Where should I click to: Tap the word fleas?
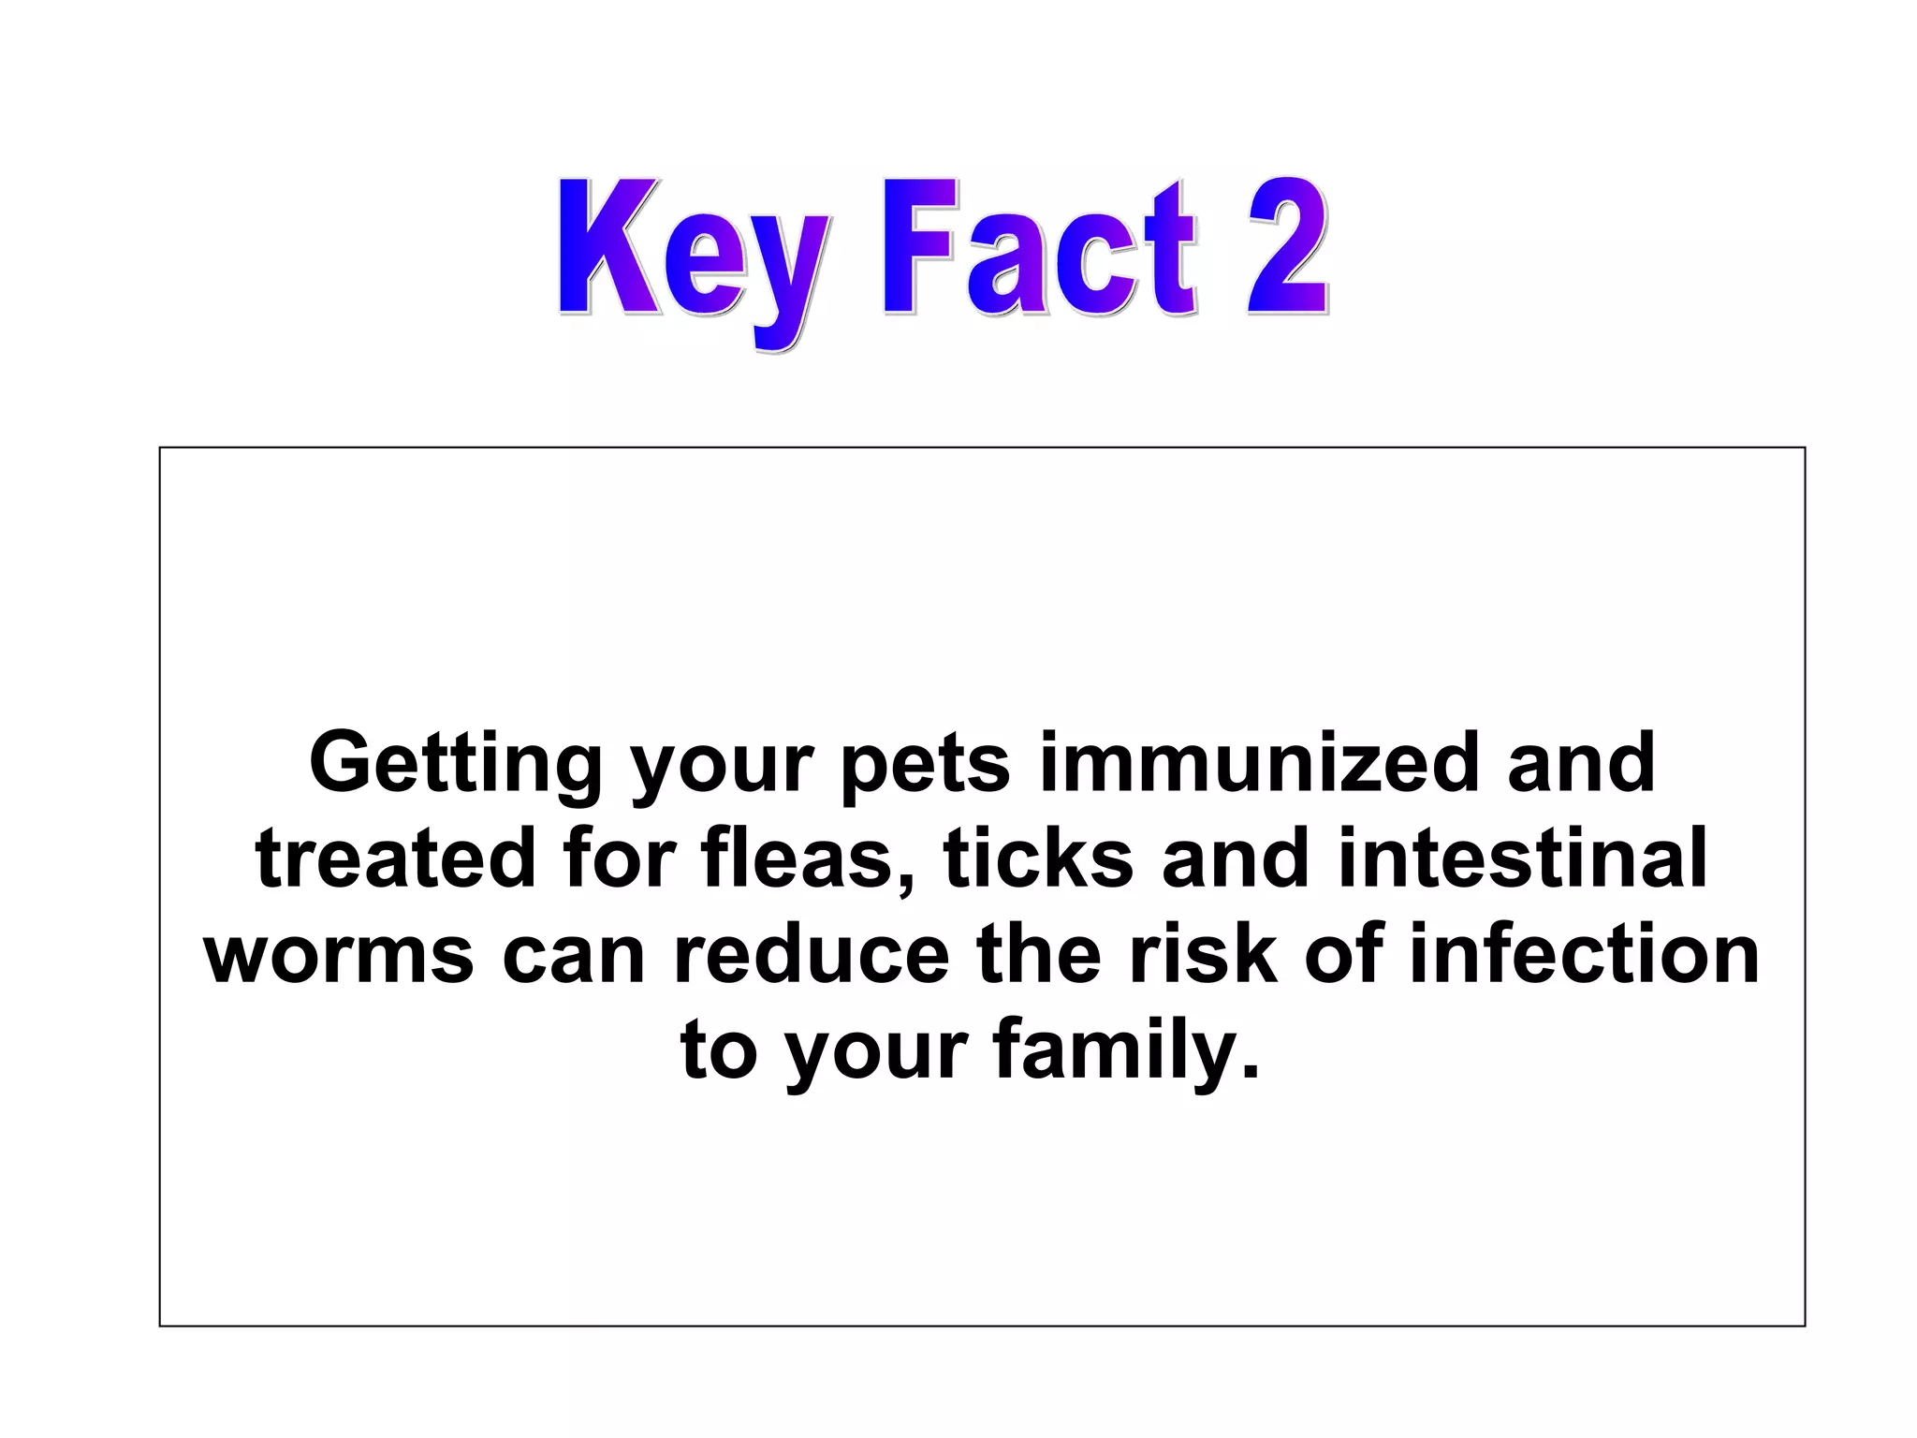point(809,859)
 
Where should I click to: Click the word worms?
point(340,956)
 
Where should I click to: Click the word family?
point(1127,1052)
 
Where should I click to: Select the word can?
point(574,956)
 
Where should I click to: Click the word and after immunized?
point(1581,762)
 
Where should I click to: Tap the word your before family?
point(876,1054)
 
